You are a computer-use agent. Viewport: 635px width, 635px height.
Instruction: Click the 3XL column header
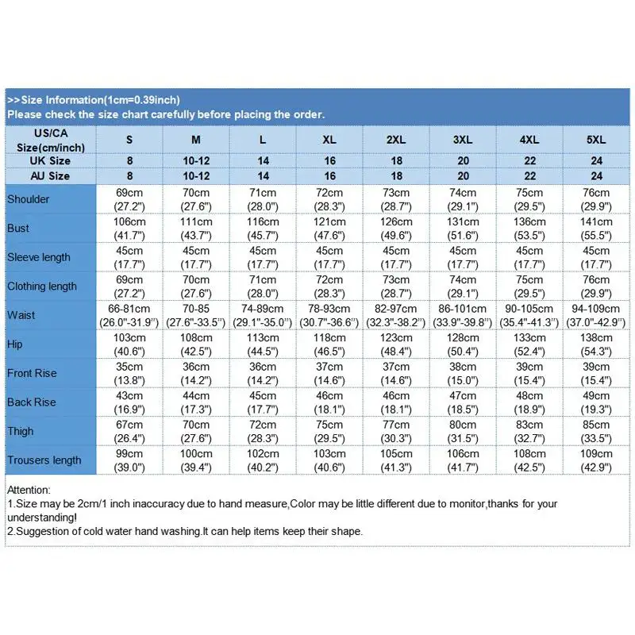[x=463, y=139]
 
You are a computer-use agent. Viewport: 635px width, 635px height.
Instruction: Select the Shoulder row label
[x=29, y=199]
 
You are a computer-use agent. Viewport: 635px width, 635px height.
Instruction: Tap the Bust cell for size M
[x=196, y=228]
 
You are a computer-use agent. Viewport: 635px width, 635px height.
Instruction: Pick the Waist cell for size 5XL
[x=596, y=315]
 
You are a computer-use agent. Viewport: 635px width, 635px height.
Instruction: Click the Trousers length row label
[x=44, y=460]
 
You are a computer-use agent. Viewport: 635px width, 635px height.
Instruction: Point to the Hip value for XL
[x=329, y=344]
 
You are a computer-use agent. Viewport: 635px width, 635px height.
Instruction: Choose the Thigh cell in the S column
[x=129, y=431]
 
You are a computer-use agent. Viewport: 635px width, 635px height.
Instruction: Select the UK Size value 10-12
[x=196, y=161]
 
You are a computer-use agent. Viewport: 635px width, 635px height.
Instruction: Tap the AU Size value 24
[x=596, y=176]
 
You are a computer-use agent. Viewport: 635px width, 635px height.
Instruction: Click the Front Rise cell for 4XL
[x=529, y=373]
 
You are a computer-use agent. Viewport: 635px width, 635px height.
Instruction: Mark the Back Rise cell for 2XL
[x=396, y=402]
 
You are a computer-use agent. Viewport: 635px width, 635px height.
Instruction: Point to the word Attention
[x=29, y=491]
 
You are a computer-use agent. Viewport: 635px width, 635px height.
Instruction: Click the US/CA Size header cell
[x=49, y=139]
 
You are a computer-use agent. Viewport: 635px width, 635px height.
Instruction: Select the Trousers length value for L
[x=263, y=460]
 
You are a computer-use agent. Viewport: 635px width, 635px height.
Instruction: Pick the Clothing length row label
[x=42, y=287]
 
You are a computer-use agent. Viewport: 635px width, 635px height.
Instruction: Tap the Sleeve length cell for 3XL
[x=463, y=257]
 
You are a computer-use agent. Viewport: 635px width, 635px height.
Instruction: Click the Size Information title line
[x=94, y=100]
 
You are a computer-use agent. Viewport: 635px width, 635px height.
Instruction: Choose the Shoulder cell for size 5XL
[x=596, y=199]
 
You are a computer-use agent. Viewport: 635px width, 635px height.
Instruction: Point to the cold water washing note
[x=185, y=531]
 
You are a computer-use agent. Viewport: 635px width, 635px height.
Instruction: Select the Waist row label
[x=21, y=315]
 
